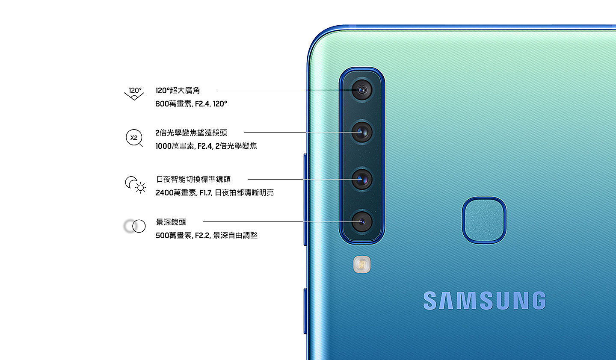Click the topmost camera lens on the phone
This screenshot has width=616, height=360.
(362, 90)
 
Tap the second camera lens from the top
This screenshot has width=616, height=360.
(362, 132)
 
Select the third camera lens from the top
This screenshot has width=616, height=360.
(362, 179)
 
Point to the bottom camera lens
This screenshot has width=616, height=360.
(362, 221)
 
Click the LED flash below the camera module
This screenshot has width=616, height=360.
(362, 265)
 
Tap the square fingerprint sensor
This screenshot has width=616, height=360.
(484, 220)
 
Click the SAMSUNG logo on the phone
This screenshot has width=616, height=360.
(484, 301)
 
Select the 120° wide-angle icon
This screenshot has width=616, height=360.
(134, 94)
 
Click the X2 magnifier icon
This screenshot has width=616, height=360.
(134, 138)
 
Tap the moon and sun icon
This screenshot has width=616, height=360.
(135, 184)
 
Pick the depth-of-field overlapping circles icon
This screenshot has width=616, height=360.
(135, 226)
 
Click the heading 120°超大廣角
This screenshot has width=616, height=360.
(178, 90)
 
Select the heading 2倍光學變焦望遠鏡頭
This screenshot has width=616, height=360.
(191, 133)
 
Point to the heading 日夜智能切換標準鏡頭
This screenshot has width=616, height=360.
(193, 179)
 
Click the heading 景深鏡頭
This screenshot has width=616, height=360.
(171, 222)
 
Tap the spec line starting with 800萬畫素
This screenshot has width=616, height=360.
(191, 103)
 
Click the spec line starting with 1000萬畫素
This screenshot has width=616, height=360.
(206, 146)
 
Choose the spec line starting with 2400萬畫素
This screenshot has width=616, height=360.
(215, 193)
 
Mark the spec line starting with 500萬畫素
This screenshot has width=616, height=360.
(207, 235)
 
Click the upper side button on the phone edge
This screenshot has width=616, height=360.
(305, 199)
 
